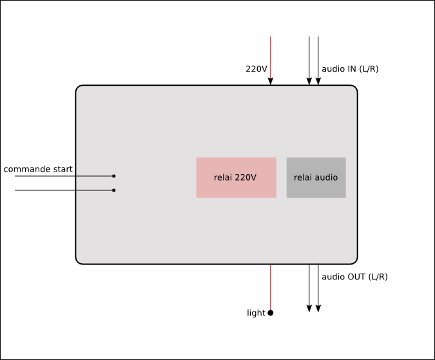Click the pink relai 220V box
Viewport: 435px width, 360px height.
click(x=236, y=177)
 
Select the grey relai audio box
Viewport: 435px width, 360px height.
click(x=316, y=177)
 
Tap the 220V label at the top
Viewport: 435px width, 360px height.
click(x=256, y=69)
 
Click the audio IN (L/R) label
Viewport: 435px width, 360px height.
click(x=350, y=69)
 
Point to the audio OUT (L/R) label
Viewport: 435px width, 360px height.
click(x=354, y=277)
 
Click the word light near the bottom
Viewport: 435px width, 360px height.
click(x=256, y=313)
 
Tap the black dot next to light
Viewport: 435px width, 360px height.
click(x=271, y=313)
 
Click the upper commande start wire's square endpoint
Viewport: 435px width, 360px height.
click(x=114, y=176)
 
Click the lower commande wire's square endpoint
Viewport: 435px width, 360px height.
click(x=114, y=190)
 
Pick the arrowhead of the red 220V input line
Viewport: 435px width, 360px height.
click(x=271, y=81)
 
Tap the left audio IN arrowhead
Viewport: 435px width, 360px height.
click(x=309, y=81)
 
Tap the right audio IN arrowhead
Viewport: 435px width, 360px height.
click(x=318, y=81)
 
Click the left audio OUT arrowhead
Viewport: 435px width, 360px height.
click(x=309, y=308)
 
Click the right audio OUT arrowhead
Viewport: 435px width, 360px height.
click(x=318, y=308)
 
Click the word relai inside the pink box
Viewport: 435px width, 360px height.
click(x=223, y=177)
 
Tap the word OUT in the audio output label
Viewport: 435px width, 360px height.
click(x=356, y=277)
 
